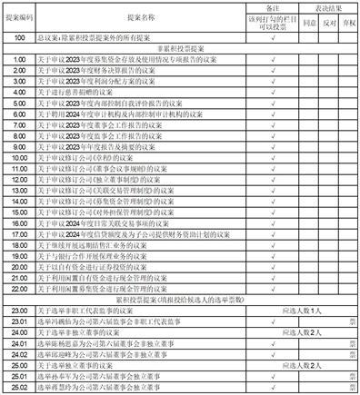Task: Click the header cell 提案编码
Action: tap(18, 16)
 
